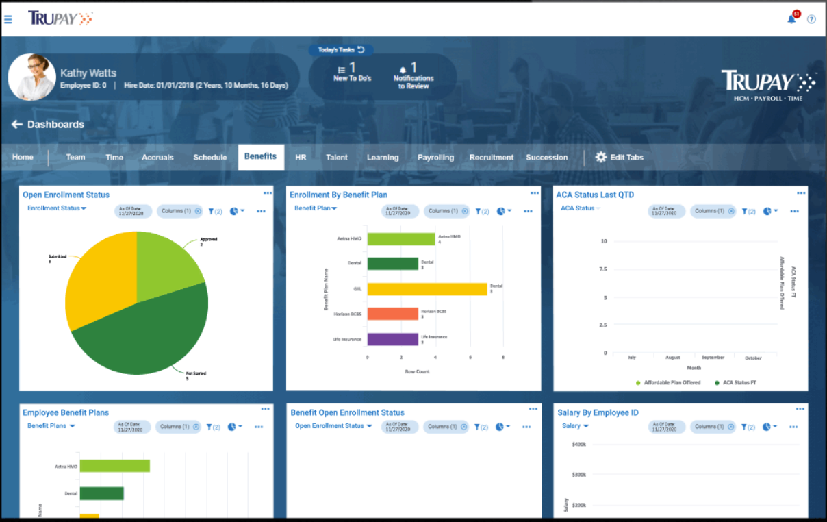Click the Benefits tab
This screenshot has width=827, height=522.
click(x=260, y=157)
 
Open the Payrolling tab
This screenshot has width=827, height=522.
click(x=435, y=158)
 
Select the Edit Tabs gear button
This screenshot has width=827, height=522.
click(x=619, y=158)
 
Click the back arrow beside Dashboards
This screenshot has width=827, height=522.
click(x=17, y=125)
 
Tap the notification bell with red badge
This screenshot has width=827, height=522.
click(x=792, y=18)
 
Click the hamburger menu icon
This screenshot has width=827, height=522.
click(x=8, y=19)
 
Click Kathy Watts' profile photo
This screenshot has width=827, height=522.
click(x=32, y=77)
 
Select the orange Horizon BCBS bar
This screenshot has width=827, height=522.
click(x=392, y=314)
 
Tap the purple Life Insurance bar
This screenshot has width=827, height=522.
click(x=392, y=339)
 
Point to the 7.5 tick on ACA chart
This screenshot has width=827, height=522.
click(x=602, y=269)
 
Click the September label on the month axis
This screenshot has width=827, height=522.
click(x=713, y=358)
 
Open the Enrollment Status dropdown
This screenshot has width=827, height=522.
click(x=56, y=208)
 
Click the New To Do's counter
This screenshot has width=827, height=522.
click(x=352, y=71)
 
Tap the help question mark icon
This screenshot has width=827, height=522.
click(x=811, y=19)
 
